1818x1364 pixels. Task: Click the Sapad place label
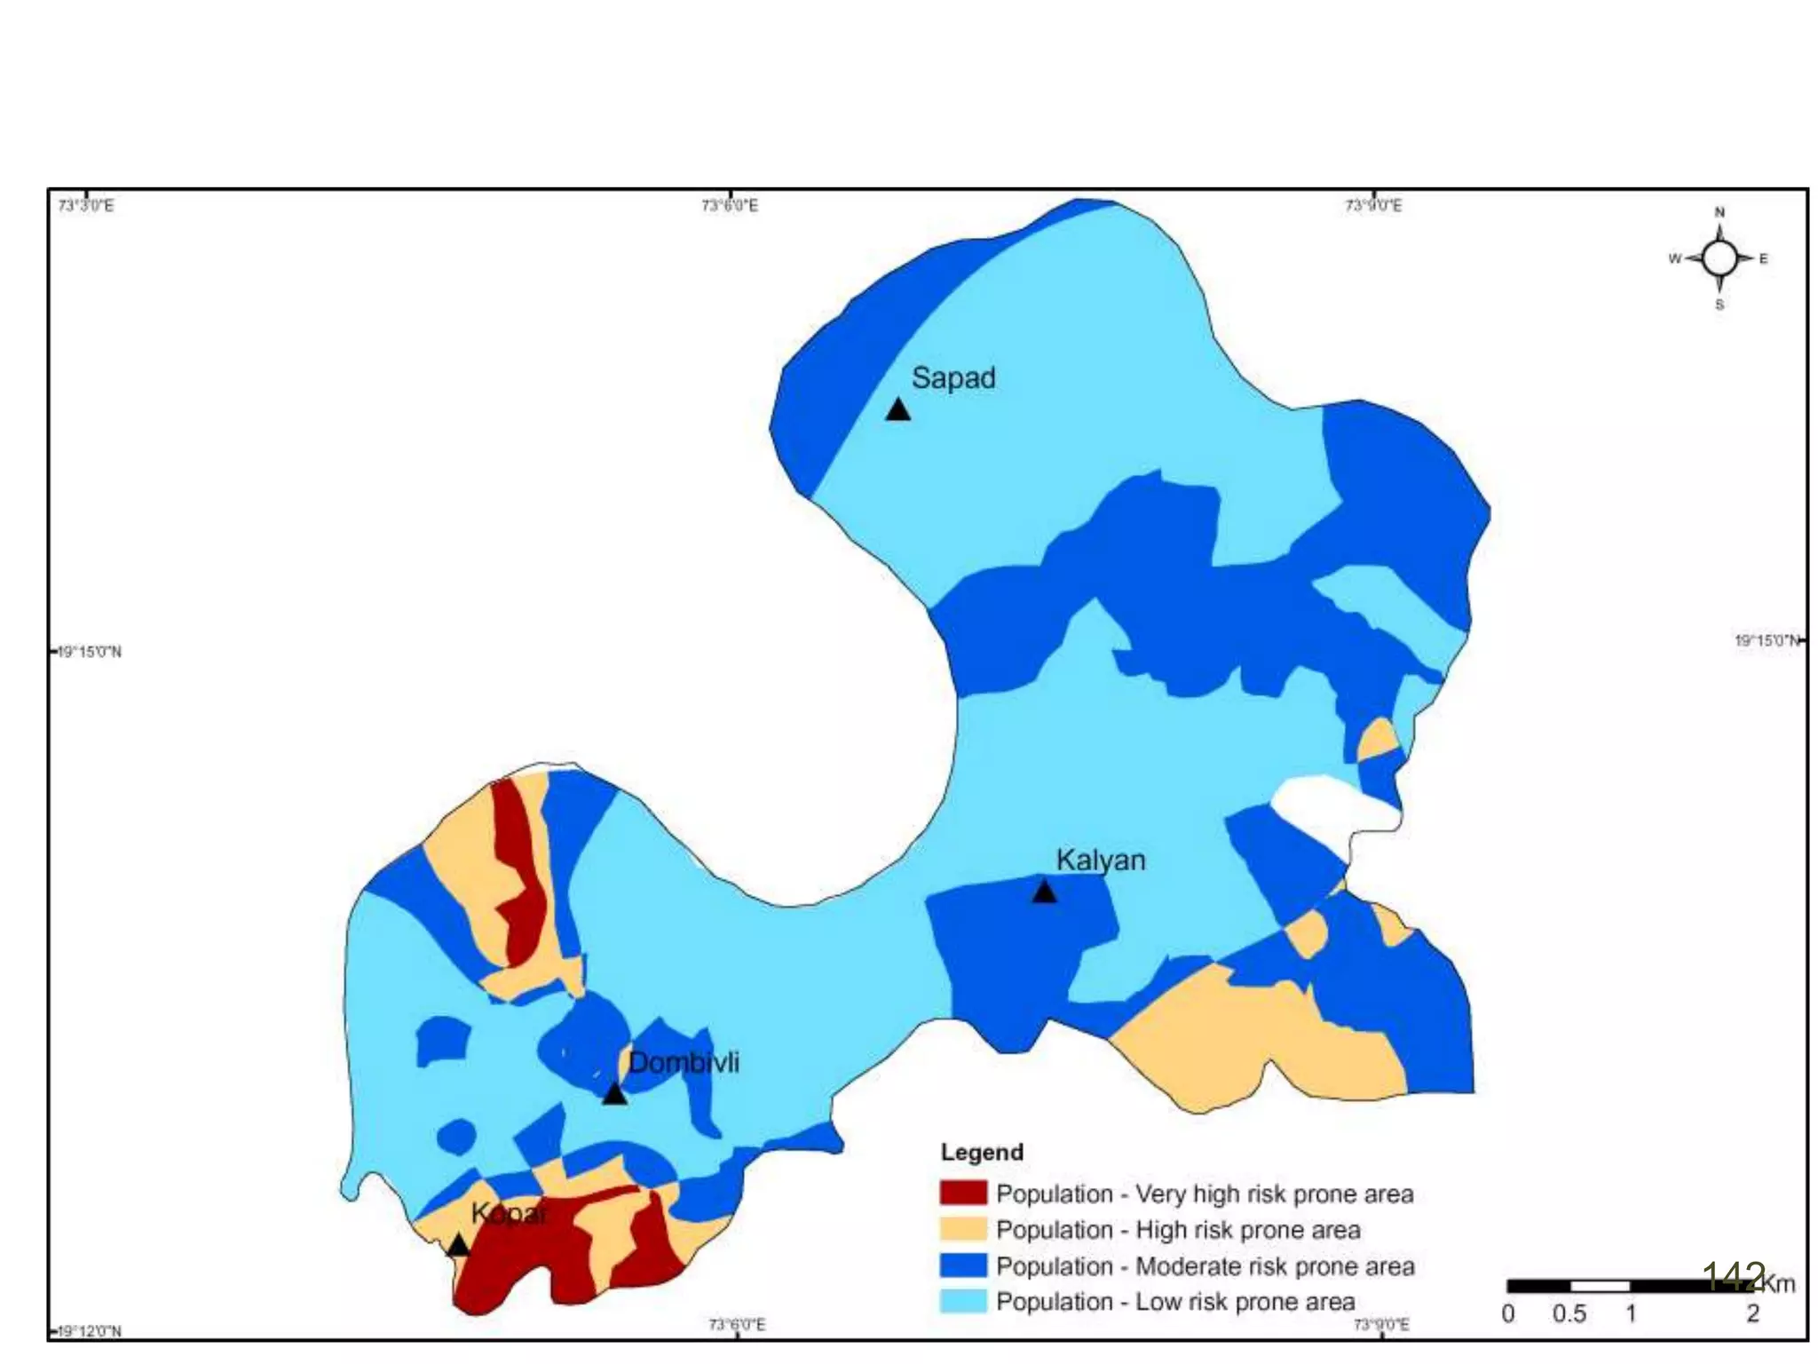(953, 378)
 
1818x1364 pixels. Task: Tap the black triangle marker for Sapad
(897, 410)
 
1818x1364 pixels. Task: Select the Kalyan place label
(1100, 860)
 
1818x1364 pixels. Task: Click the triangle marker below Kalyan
(1044, 892)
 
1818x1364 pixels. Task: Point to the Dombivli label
(683, 1062)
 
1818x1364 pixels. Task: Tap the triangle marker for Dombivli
(614, 1094)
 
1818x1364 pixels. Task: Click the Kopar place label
(509, 1213)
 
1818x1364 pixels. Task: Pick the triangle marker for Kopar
(457, 1245)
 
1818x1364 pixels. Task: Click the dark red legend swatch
(963, 1193)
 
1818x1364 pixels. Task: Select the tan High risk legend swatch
(963, 1229)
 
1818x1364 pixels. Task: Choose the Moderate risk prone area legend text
(1205, 1265)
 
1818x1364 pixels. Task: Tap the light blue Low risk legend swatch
(963, 1301)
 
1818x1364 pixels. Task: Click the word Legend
(982, 1152)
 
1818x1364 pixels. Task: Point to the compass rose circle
(1719, 258)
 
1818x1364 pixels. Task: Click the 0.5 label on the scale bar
(1569, 1313)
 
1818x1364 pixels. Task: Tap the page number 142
(1734, 1276)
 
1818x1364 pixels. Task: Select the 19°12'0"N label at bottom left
(88, 1330)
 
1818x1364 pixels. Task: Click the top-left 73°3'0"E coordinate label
(86, 206)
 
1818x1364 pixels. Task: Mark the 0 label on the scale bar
(1507, 1313)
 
